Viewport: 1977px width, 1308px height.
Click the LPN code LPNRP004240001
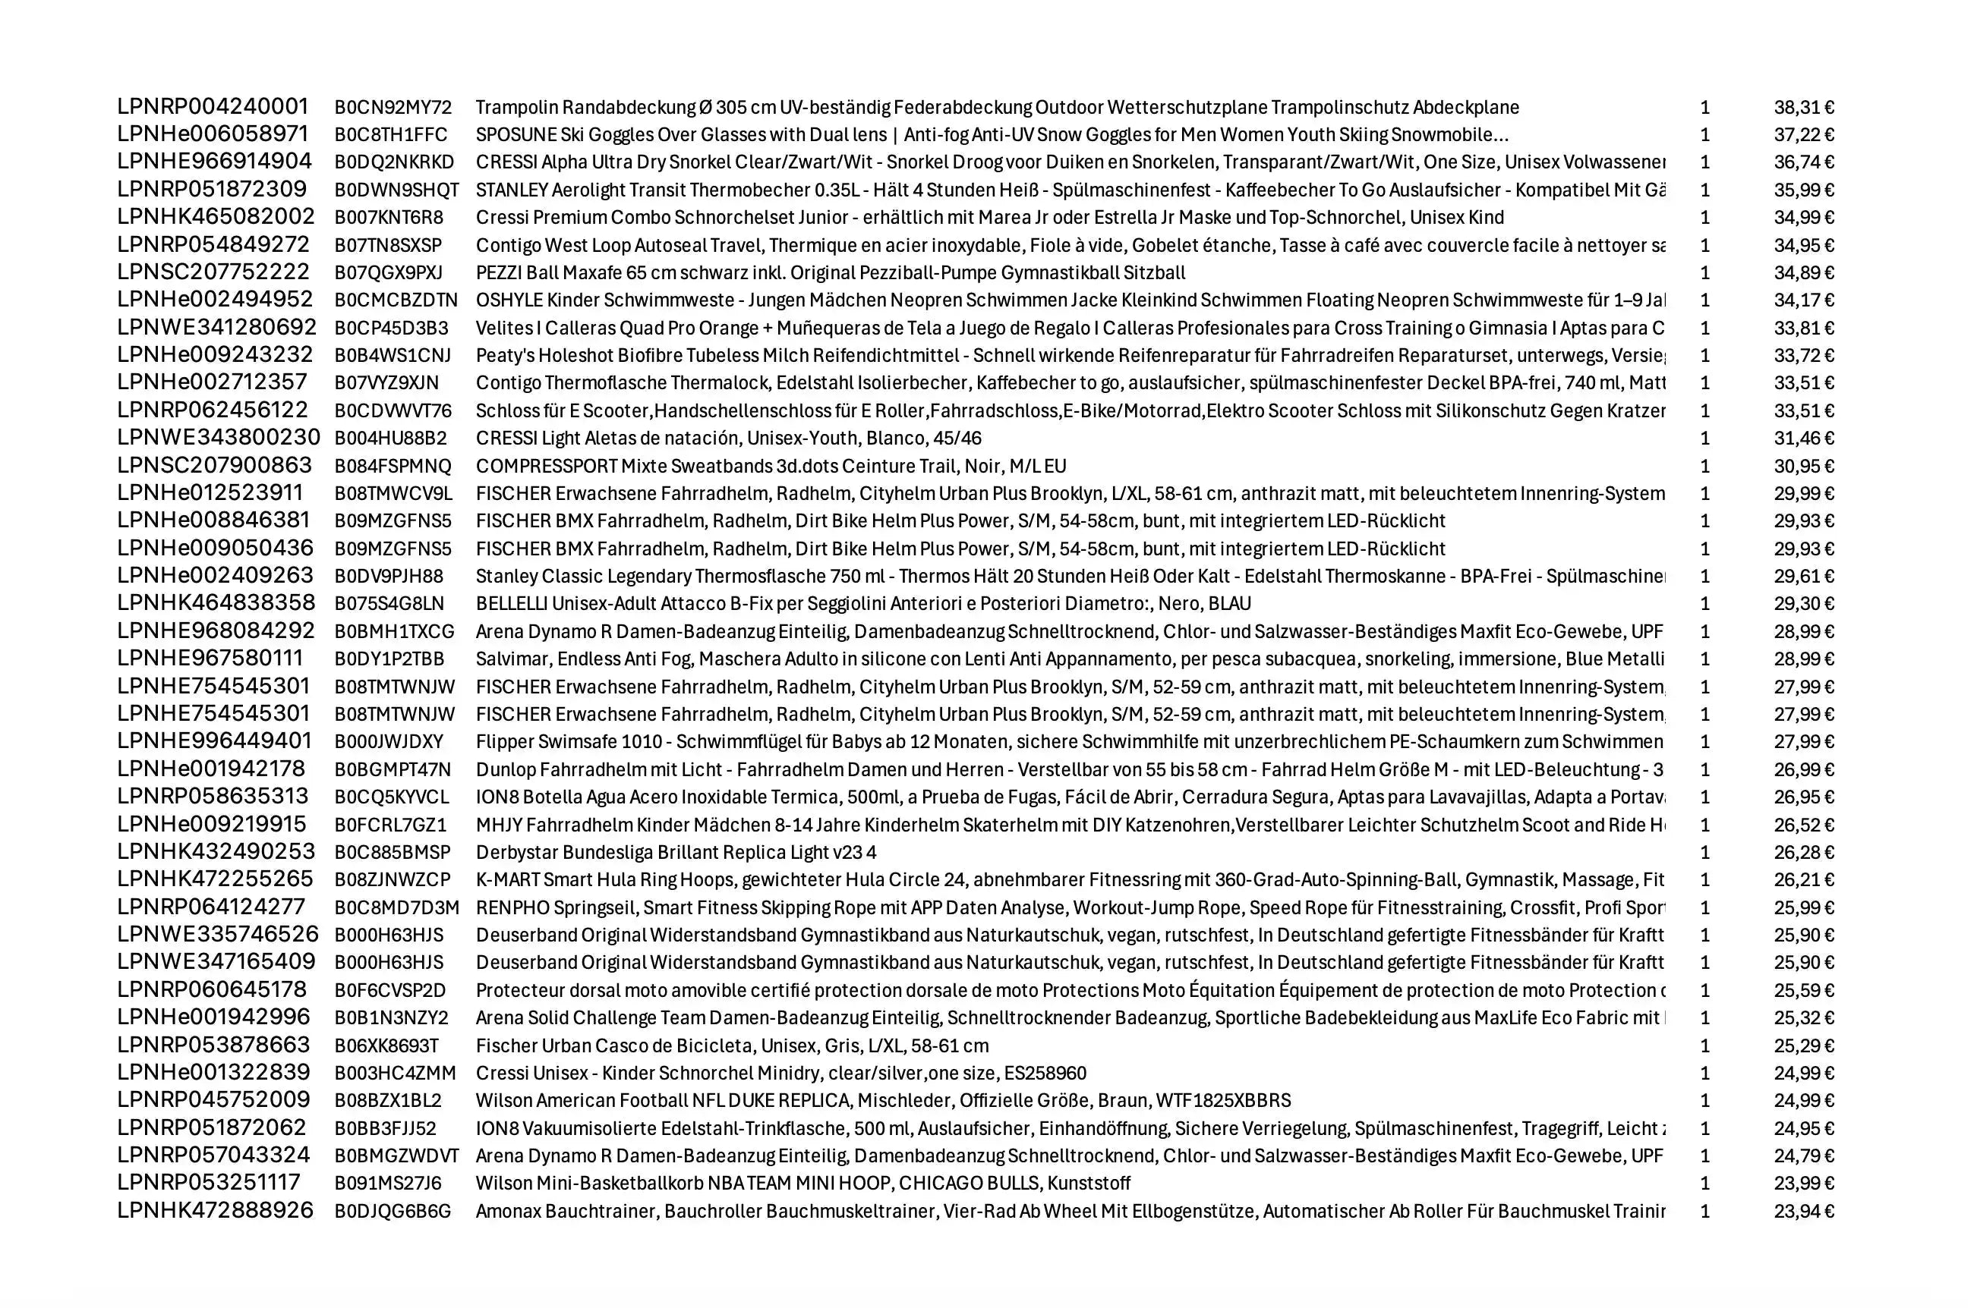213,107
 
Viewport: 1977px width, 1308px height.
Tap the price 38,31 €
1803,108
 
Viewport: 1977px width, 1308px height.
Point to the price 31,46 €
1803,438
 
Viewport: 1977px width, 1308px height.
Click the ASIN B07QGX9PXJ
388,273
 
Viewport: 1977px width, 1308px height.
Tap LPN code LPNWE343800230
219,438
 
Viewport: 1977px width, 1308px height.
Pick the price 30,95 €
1803,467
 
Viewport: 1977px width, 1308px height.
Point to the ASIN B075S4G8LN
389,604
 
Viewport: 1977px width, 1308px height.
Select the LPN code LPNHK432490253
216,852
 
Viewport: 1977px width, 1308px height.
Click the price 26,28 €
1803,853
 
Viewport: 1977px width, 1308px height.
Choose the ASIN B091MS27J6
388,1183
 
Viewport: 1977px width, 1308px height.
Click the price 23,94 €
1803,1211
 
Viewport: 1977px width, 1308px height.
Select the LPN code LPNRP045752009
213,1100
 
